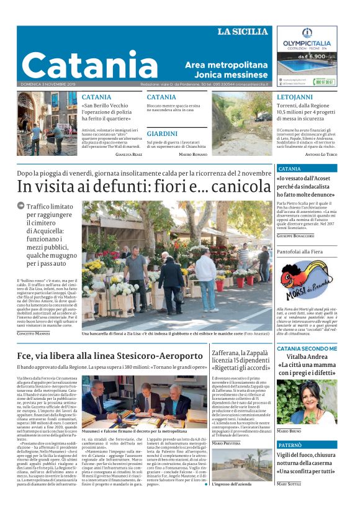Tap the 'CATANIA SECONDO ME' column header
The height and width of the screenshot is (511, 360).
pos(306,348)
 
